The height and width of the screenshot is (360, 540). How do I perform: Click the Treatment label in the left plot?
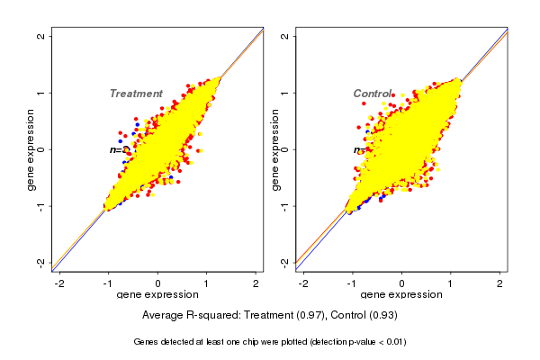(x=136, y=94)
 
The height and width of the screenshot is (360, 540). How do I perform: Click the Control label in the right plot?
(x=373, y=94)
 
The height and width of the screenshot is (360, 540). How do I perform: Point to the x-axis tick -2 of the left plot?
(x=59, y=283)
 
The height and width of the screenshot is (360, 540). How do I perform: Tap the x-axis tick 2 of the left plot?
(x=256, y=283)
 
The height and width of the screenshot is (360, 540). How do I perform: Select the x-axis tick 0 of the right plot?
(x=401, y=283)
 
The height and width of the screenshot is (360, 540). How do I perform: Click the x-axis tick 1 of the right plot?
(x=451, y=283)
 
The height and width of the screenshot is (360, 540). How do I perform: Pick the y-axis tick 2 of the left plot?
(x=42, y=36)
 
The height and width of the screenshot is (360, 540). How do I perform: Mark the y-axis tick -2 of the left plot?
(x=42, y=262)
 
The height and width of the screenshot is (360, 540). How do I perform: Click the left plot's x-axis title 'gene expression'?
(x=157, y=296)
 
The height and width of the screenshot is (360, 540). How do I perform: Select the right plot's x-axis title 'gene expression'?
(x=401, y=296)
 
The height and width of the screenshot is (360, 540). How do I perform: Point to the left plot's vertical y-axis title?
(x=31, y=149)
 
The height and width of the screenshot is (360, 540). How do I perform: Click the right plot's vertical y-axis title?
(x=274, y=149)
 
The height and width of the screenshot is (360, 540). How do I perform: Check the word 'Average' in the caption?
(x=163, y=316)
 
